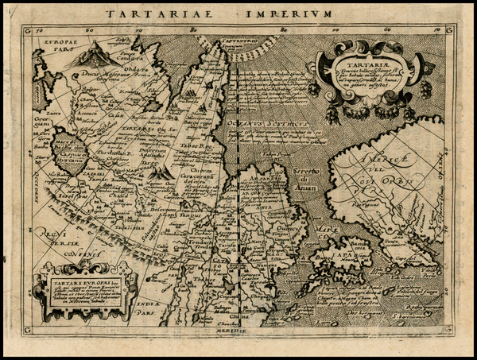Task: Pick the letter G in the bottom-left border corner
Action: click(29, 330)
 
